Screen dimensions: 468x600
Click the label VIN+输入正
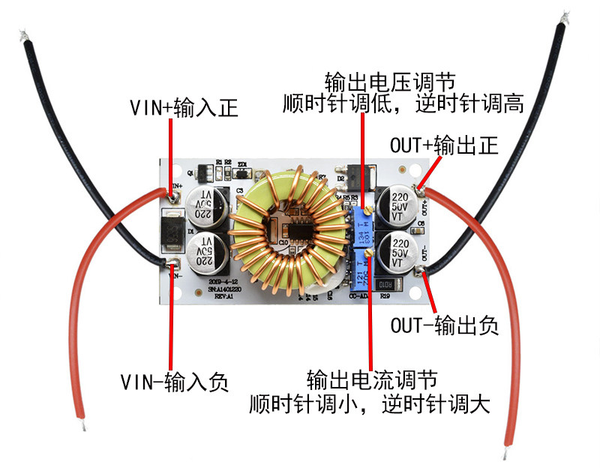point(184,108)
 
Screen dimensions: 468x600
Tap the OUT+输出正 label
point(444,145)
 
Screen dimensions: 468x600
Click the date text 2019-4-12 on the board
point(216,280)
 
